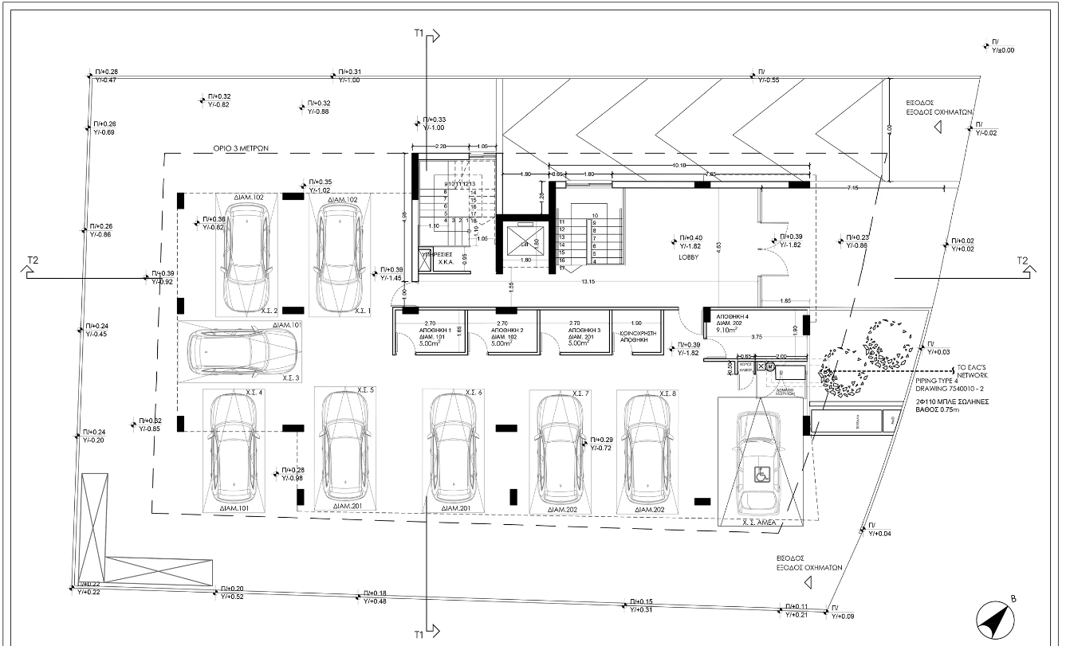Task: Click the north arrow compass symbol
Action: coord(995,617)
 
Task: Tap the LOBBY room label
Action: coord(690,257)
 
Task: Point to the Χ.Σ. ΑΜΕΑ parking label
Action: coord(759,523)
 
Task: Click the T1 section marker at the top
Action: coord(419,34)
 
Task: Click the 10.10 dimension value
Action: coord(679,165)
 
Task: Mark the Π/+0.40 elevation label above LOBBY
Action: coord(691,238)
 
